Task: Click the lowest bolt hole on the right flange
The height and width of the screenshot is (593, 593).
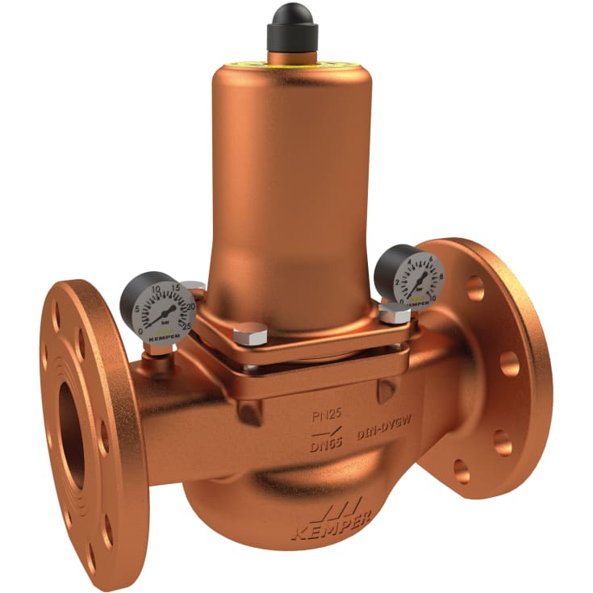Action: point(461,470)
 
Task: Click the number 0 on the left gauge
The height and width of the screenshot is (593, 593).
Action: point(143,330)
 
